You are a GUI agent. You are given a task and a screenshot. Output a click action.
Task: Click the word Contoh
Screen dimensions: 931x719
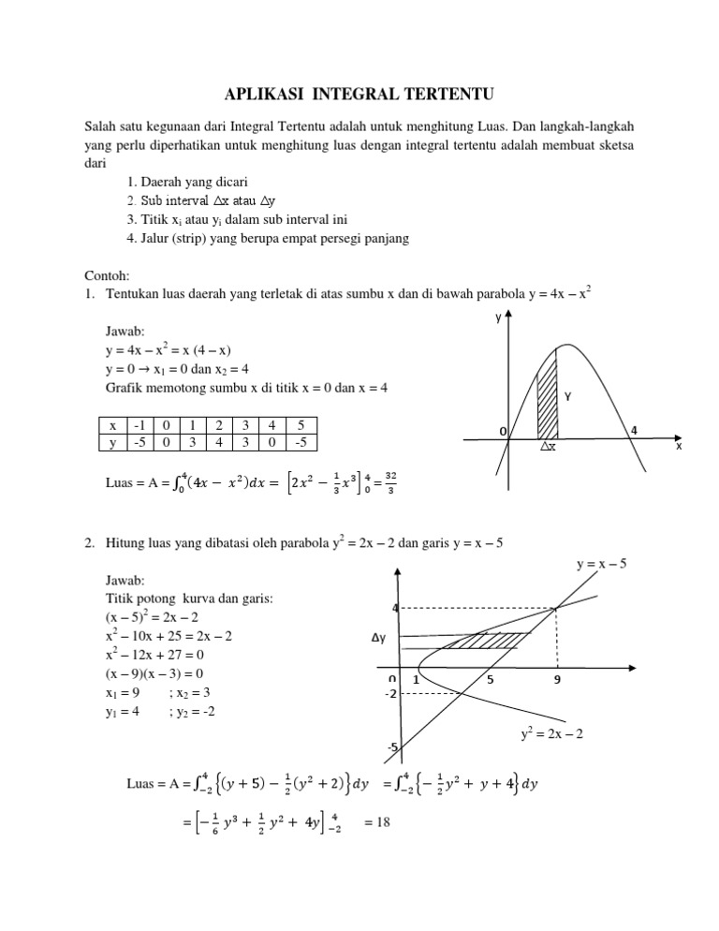click(x=106, y=276)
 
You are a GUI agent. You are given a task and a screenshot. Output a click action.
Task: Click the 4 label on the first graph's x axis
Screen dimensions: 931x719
click(x=635, y=430)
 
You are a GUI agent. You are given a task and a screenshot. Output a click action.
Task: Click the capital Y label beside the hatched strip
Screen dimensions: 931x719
click(x=567, y=396)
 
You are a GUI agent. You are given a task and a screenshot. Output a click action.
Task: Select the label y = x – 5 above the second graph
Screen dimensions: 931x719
click(x=600, y=563)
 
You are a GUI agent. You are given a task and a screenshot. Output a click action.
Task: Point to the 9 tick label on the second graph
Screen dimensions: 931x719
click(x=557, y=681)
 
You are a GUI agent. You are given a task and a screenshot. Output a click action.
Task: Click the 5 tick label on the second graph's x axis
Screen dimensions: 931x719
click(x=490, y=681)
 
